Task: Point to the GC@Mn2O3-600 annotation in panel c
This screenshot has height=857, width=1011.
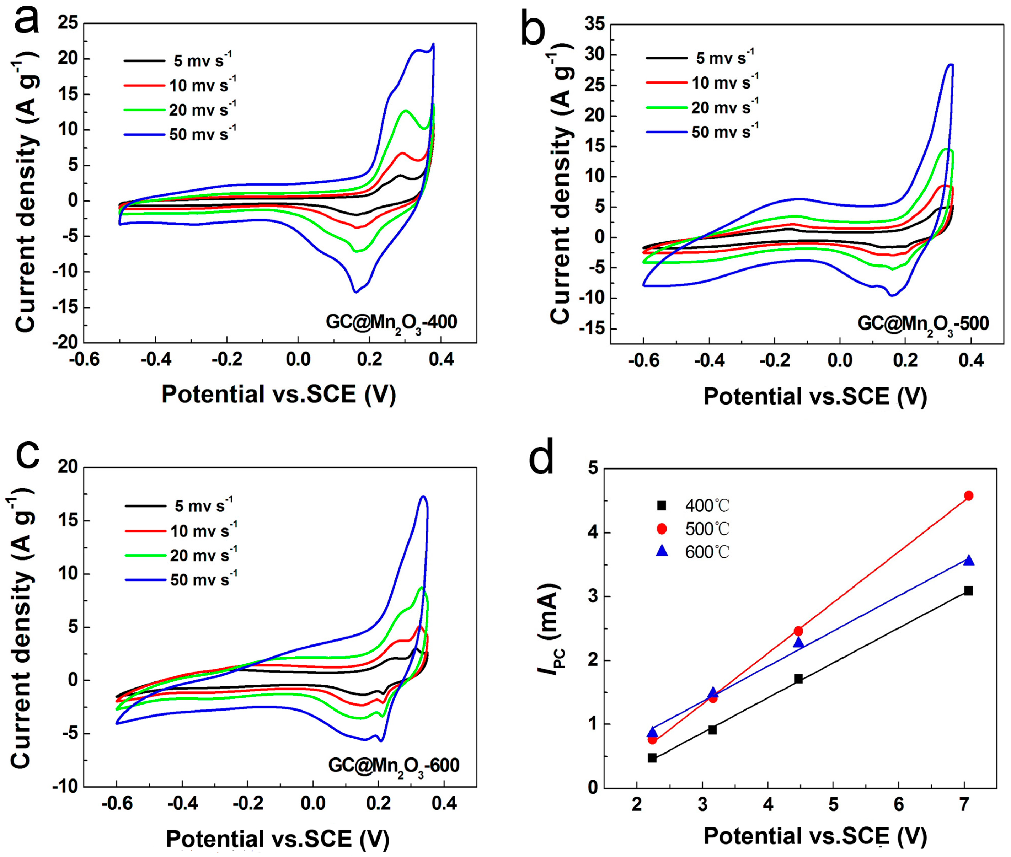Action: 394,766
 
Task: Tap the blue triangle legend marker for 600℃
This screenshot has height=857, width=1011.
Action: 662,551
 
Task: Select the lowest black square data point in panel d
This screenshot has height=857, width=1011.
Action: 652,758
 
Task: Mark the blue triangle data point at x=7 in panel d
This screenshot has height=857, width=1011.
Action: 969,560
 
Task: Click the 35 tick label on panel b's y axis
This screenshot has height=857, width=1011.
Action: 594,24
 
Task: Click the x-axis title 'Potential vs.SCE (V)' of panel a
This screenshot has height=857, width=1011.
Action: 278,393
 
